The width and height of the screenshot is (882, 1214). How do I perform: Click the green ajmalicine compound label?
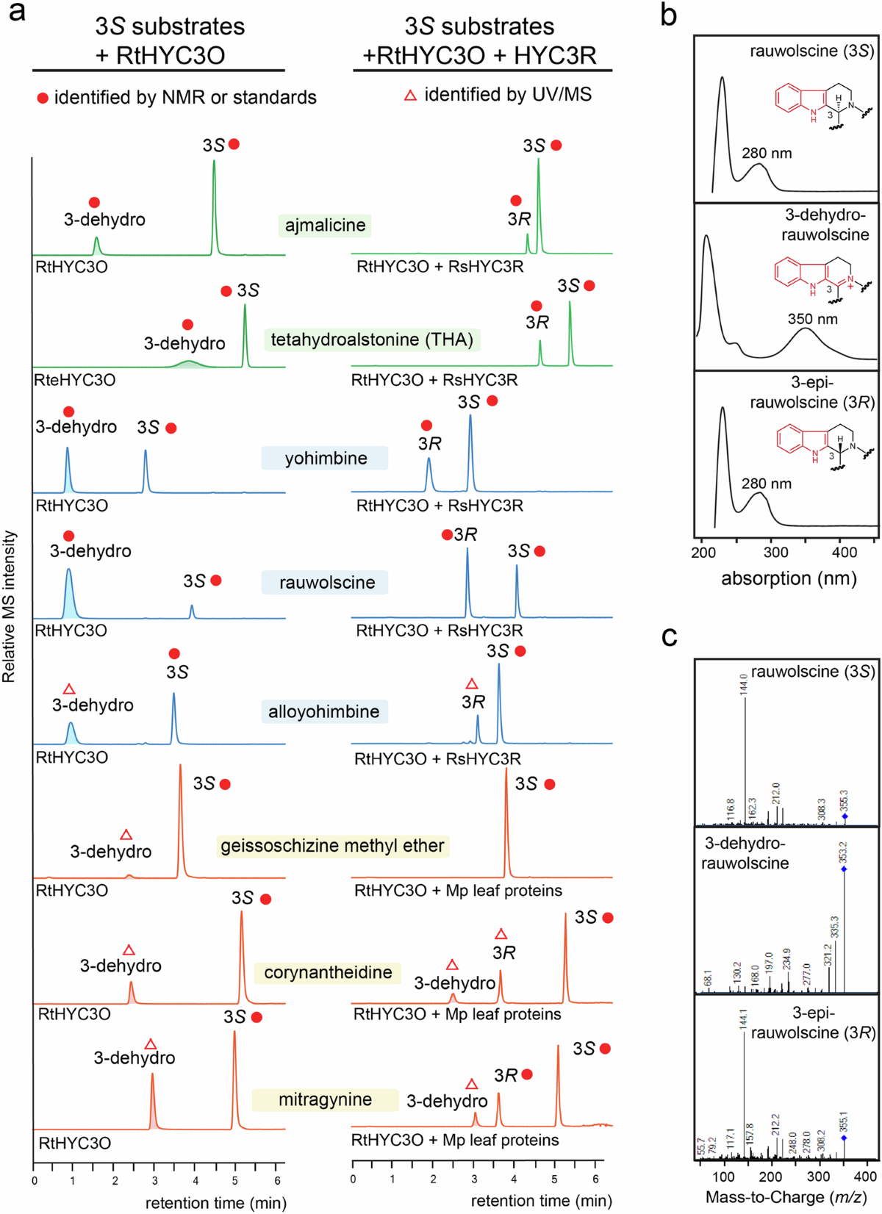coord(325,225)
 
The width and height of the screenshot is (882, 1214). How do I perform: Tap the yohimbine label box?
coord(325,459)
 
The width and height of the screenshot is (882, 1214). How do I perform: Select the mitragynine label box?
coord(325,1099)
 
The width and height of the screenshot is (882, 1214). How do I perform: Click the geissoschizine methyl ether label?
coord(332,846)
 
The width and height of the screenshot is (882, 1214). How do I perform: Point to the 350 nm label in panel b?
coord(812,319)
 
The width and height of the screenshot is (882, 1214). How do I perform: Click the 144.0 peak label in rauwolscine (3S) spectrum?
coord(743,684)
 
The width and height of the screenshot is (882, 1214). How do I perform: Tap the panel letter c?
coord(669,636)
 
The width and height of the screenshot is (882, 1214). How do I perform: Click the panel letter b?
coord(668,15)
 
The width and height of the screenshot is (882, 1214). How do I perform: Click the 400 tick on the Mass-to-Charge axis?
coord(866,1177)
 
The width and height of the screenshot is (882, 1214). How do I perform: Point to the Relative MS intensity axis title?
coord(10,607)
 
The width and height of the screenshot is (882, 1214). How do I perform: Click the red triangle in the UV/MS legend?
coord(411,95)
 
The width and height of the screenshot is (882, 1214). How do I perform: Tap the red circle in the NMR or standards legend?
coord(43,98)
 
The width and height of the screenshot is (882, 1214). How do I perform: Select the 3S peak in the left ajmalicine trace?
coord(214,206)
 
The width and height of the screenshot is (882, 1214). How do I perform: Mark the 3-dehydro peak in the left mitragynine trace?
coord(152,1100)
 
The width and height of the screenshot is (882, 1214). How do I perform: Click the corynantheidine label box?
coord(328,973)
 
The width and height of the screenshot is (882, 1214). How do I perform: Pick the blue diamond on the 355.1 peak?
coord(844,1138)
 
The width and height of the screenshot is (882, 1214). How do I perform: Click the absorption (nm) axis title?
coord(789,578)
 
